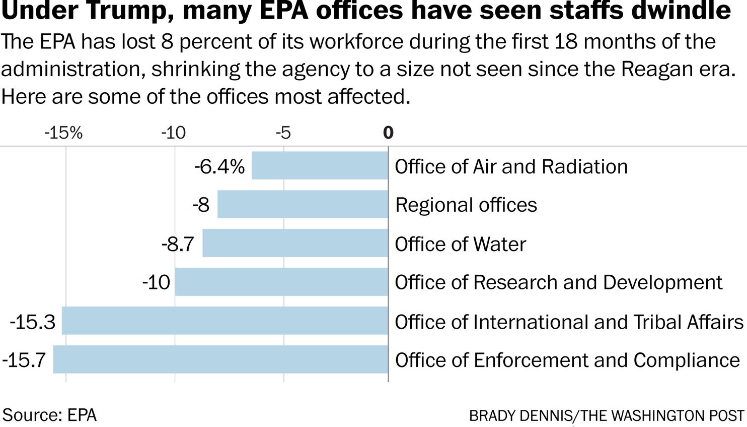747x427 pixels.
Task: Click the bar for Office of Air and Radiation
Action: pyautogui.click(x=320, y=165)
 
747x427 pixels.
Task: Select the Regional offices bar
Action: pyautogui.click(x=303, y=204)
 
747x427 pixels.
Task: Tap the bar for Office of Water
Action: pyautogui.click(x=295, y=243)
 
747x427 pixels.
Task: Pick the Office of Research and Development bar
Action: pyautogui.click(x=281, y=282)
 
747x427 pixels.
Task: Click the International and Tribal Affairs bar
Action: pyautogui.click(x=225, y=321)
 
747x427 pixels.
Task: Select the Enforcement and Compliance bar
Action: pyautogui.click(x=220, y=359)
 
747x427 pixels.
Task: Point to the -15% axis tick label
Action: pyautogui.click(x=63, y=133)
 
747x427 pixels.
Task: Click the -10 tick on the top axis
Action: pyautogui.click(x=174, y=133)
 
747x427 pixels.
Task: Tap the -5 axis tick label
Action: pyautogui.click(x=283, y=133)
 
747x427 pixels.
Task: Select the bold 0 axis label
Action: pyautogui.click(x=388, y=133)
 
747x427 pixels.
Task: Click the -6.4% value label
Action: pyautogui.click(x=219, y=166)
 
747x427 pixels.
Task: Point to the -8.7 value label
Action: pyautogui.click(x=178, y=244)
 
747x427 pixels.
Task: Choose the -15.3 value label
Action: pyautogui.click(x=32, y=322)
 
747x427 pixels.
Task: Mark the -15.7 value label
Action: pyautogui.click(x=24, y=360)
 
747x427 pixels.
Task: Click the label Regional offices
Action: pyautogui.click(x=466, y=205)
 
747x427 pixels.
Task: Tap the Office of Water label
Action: pyautogui.click(x=460, y=244)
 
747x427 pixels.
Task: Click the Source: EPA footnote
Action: pyautogui.click(x=49, y=415)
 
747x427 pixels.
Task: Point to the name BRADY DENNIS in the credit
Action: pyautogui.click(x=520, y=416)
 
